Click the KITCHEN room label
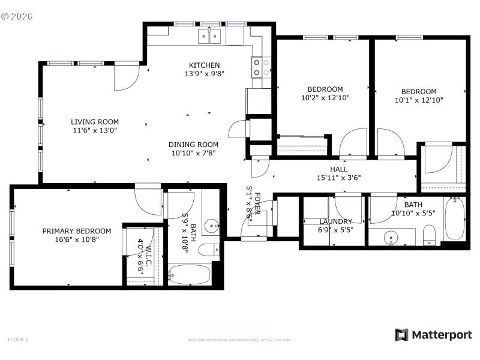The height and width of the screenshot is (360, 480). coord(204,65)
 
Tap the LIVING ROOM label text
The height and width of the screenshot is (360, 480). coord(95,121)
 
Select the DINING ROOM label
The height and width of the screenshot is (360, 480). coord(193,145)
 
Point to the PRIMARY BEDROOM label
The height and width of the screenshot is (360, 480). coord(76,231)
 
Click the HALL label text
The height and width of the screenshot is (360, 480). coord(338,170)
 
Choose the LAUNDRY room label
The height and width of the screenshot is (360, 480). coord(335,221)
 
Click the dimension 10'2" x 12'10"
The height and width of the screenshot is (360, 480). coord(325,97)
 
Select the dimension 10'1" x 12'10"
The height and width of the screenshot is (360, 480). coord(418,100)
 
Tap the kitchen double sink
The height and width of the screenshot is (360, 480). coord(209,38)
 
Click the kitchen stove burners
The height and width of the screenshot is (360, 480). coord(260,67)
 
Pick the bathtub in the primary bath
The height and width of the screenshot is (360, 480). coord(189,275)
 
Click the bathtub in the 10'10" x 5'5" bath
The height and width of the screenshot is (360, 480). coord(454,219)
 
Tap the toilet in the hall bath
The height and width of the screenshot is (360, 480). coord(429,235)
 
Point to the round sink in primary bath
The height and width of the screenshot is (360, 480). coord(211,227)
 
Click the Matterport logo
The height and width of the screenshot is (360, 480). coord(433,335)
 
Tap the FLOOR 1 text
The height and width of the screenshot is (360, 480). coord(18,340)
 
